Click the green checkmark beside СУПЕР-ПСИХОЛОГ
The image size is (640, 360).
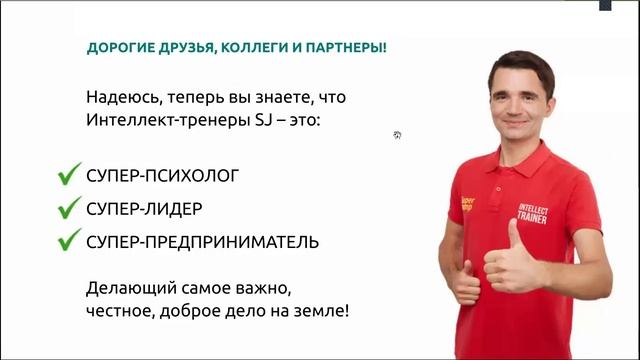(x=68, y=176)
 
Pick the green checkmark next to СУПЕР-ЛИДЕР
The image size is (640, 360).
(x=68, y=209)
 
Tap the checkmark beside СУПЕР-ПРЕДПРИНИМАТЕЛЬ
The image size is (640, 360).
(x=68, y=241)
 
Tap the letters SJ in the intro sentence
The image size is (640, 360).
(x=255, y=122)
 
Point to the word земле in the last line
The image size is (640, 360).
(x=323, y=311)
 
